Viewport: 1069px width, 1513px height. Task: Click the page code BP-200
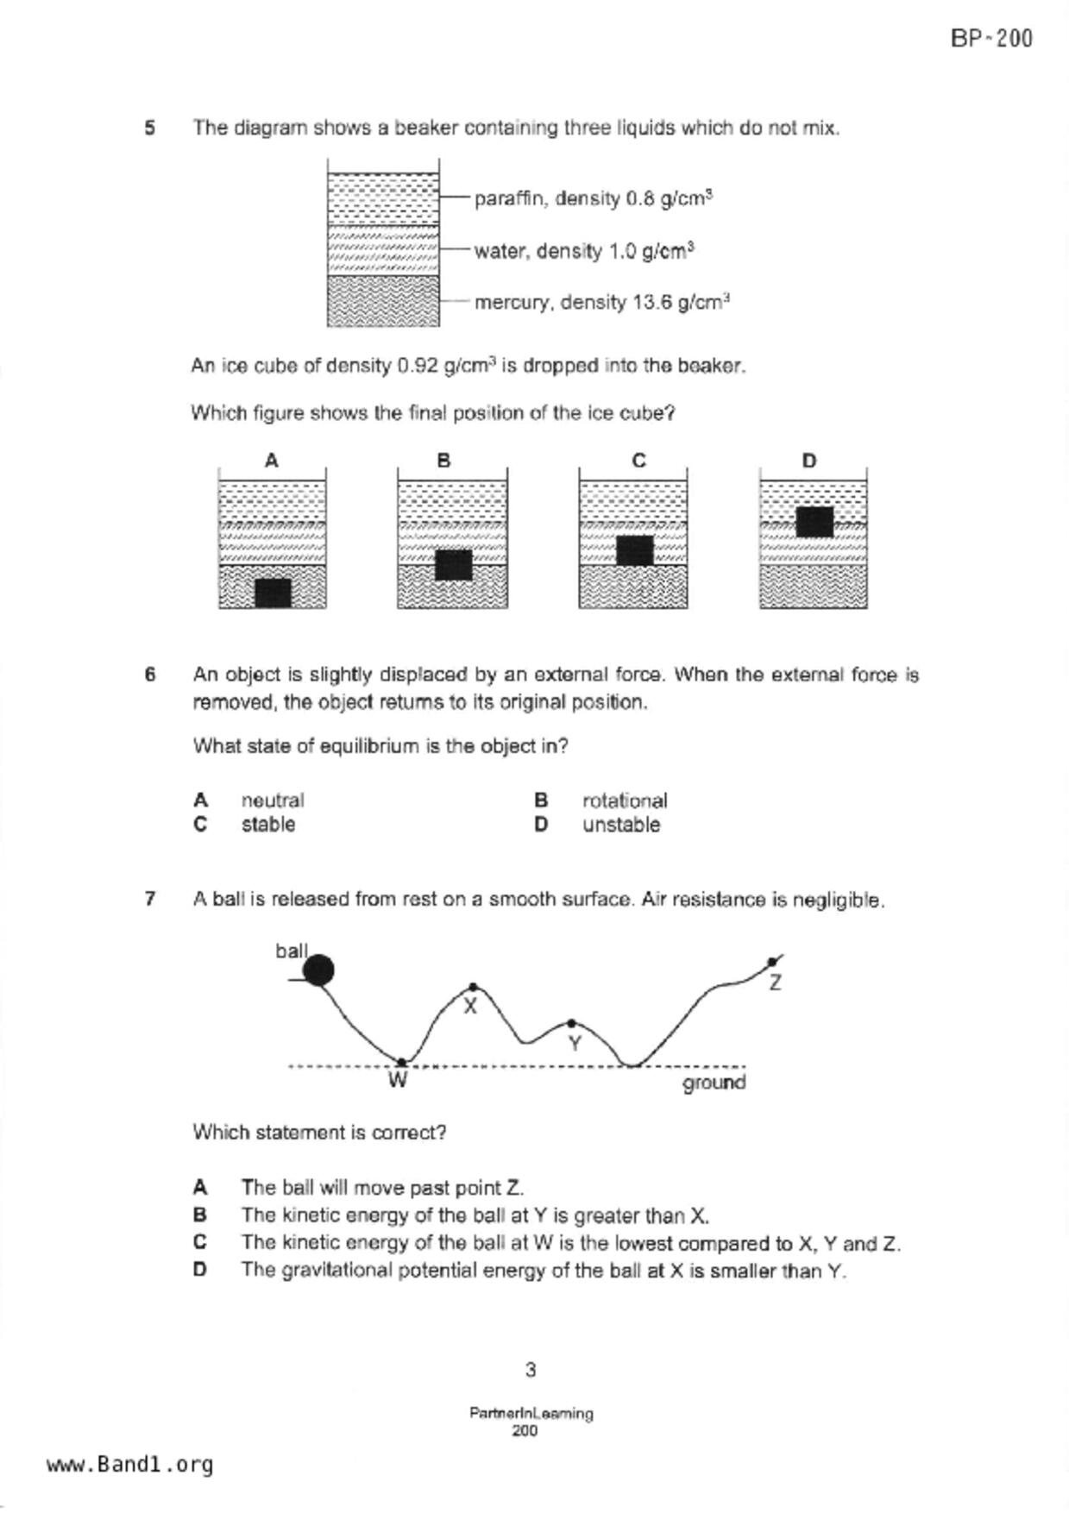991,39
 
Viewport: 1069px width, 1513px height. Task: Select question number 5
150,129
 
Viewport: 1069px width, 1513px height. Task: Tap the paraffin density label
593,198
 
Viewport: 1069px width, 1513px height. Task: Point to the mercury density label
601,303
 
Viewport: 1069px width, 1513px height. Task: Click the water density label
584,251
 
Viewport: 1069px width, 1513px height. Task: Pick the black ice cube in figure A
273,593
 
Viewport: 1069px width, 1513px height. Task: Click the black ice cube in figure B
453,565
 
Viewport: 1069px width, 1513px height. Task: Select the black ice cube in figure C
634,550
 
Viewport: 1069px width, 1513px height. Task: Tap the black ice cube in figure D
814,522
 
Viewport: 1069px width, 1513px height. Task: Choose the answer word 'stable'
268,825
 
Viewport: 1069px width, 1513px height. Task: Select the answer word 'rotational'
625,800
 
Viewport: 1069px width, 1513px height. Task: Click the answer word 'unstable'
621,825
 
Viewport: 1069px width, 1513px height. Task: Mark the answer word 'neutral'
273,800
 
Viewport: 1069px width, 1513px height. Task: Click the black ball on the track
319,970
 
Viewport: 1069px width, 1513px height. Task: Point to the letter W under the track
398,1080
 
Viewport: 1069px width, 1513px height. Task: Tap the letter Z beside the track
775,983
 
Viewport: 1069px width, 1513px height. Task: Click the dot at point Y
571,1024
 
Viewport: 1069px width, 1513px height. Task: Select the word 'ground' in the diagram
714,1083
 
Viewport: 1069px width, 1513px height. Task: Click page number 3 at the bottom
531,1369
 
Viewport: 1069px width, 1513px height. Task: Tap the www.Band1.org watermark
130,1465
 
